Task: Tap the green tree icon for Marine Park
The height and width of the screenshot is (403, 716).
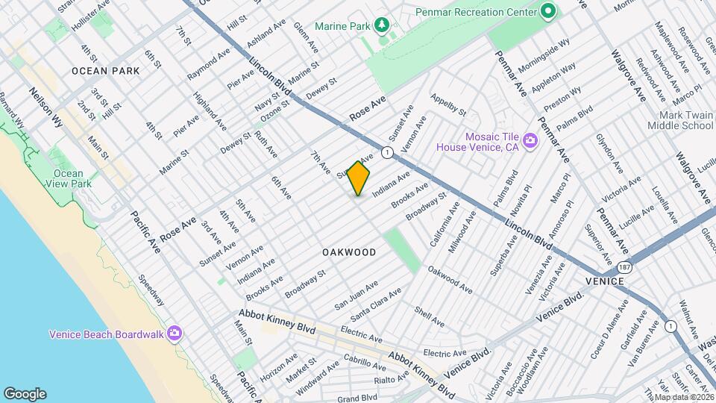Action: tap(383, 26)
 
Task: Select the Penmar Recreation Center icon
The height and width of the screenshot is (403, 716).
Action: tap(548, 11)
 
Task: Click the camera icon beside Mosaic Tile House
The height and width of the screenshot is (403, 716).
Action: tap(530, 140)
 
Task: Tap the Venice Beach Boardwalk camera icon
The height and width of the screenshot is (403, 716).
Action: tap(175, 333)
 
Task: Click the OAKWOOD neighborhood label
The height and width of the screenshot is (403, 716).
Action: tap(349, 253)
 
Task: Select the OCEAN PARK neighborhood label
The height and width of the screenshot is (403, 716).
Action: tap(106, 71)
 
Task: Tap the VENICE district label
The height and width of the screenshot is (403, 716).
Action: tap(604, 281)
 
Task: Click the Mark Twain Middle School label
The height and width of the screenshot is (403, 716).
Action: tap(685, 121)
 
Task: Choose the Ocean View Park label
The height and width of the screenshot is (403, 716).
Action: tap(68, 178)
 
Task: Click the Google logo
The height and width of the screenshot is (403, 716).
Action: tap(24, 394)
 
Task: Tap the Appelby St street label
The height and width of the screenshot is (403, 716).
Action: tap(448, 105)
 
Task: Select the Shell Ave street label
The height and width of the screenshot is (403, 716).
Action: tap(429, 318)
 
